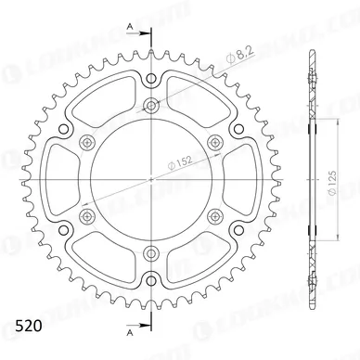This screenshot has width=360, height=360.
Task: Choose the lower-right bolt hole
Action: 216,216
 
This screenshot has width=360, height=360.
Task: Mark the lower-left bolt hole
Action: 87,216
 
